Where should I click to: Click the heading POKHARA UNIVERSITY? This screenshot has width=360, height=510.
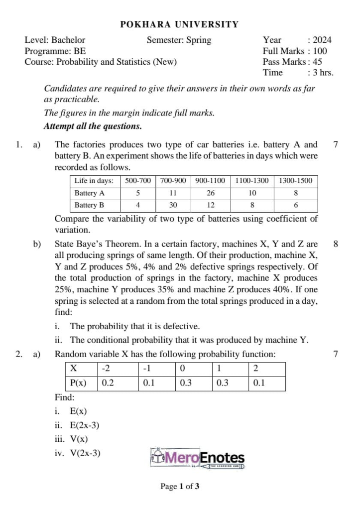180,24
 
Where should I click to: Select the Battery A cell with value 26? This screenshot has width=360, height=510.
210,193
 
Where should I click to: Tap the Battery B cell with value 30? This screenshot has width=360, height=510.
173,205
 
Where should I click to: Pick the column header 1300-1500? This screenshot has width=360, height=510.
295,180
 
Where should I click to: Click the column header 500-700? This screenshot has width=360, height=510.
138,180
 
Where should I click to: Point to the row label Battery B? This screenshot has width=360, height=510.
90,205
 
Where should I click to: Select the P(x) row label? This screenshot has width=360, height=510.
79,383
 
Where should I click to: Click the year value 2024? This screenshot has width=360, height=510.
322,40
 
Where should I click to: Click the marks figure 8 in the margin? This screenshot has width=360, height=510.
336,244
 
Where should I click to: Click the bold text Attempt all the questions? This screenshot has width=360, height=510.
93,127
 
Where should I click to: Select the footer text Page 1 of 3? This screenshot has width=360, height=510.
180,486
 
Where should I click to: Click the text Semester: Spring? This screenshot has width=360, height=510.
179,40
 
